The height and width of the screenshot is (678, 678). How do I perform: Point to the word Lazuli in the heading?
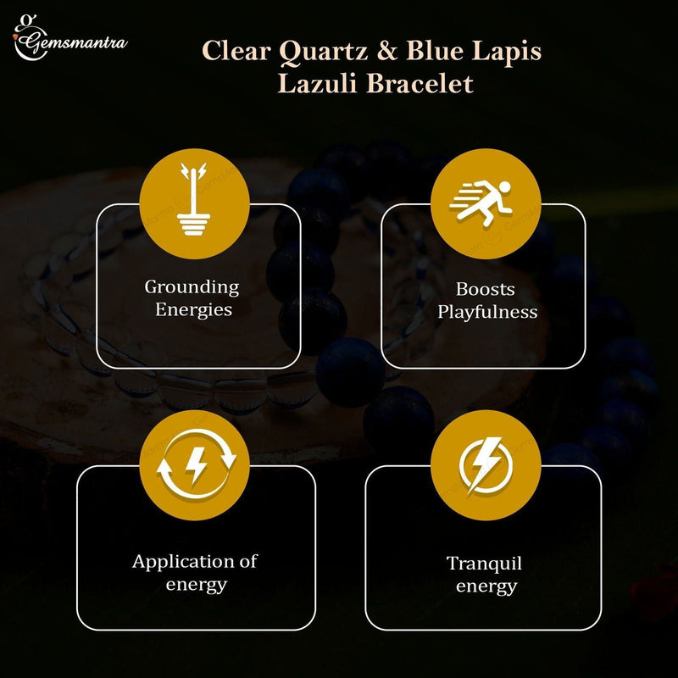(325, 85)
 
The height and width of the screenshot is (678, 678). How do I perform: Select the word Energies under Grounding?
(193, 310)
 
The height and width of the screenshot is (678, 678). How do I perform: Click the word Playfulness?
(486, 312)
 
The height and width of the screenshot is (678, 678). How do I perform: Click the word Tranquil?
(484, 564)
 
